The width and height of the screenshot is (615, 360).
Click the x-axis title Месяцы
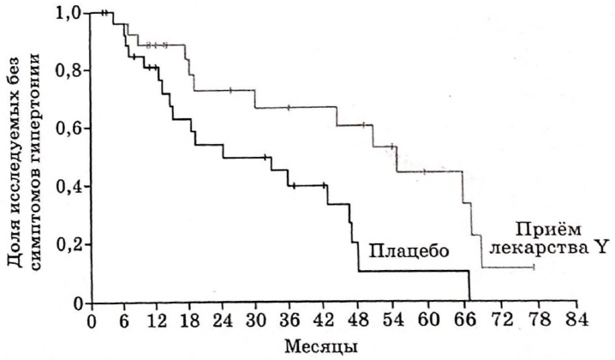tap(317, 345)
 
